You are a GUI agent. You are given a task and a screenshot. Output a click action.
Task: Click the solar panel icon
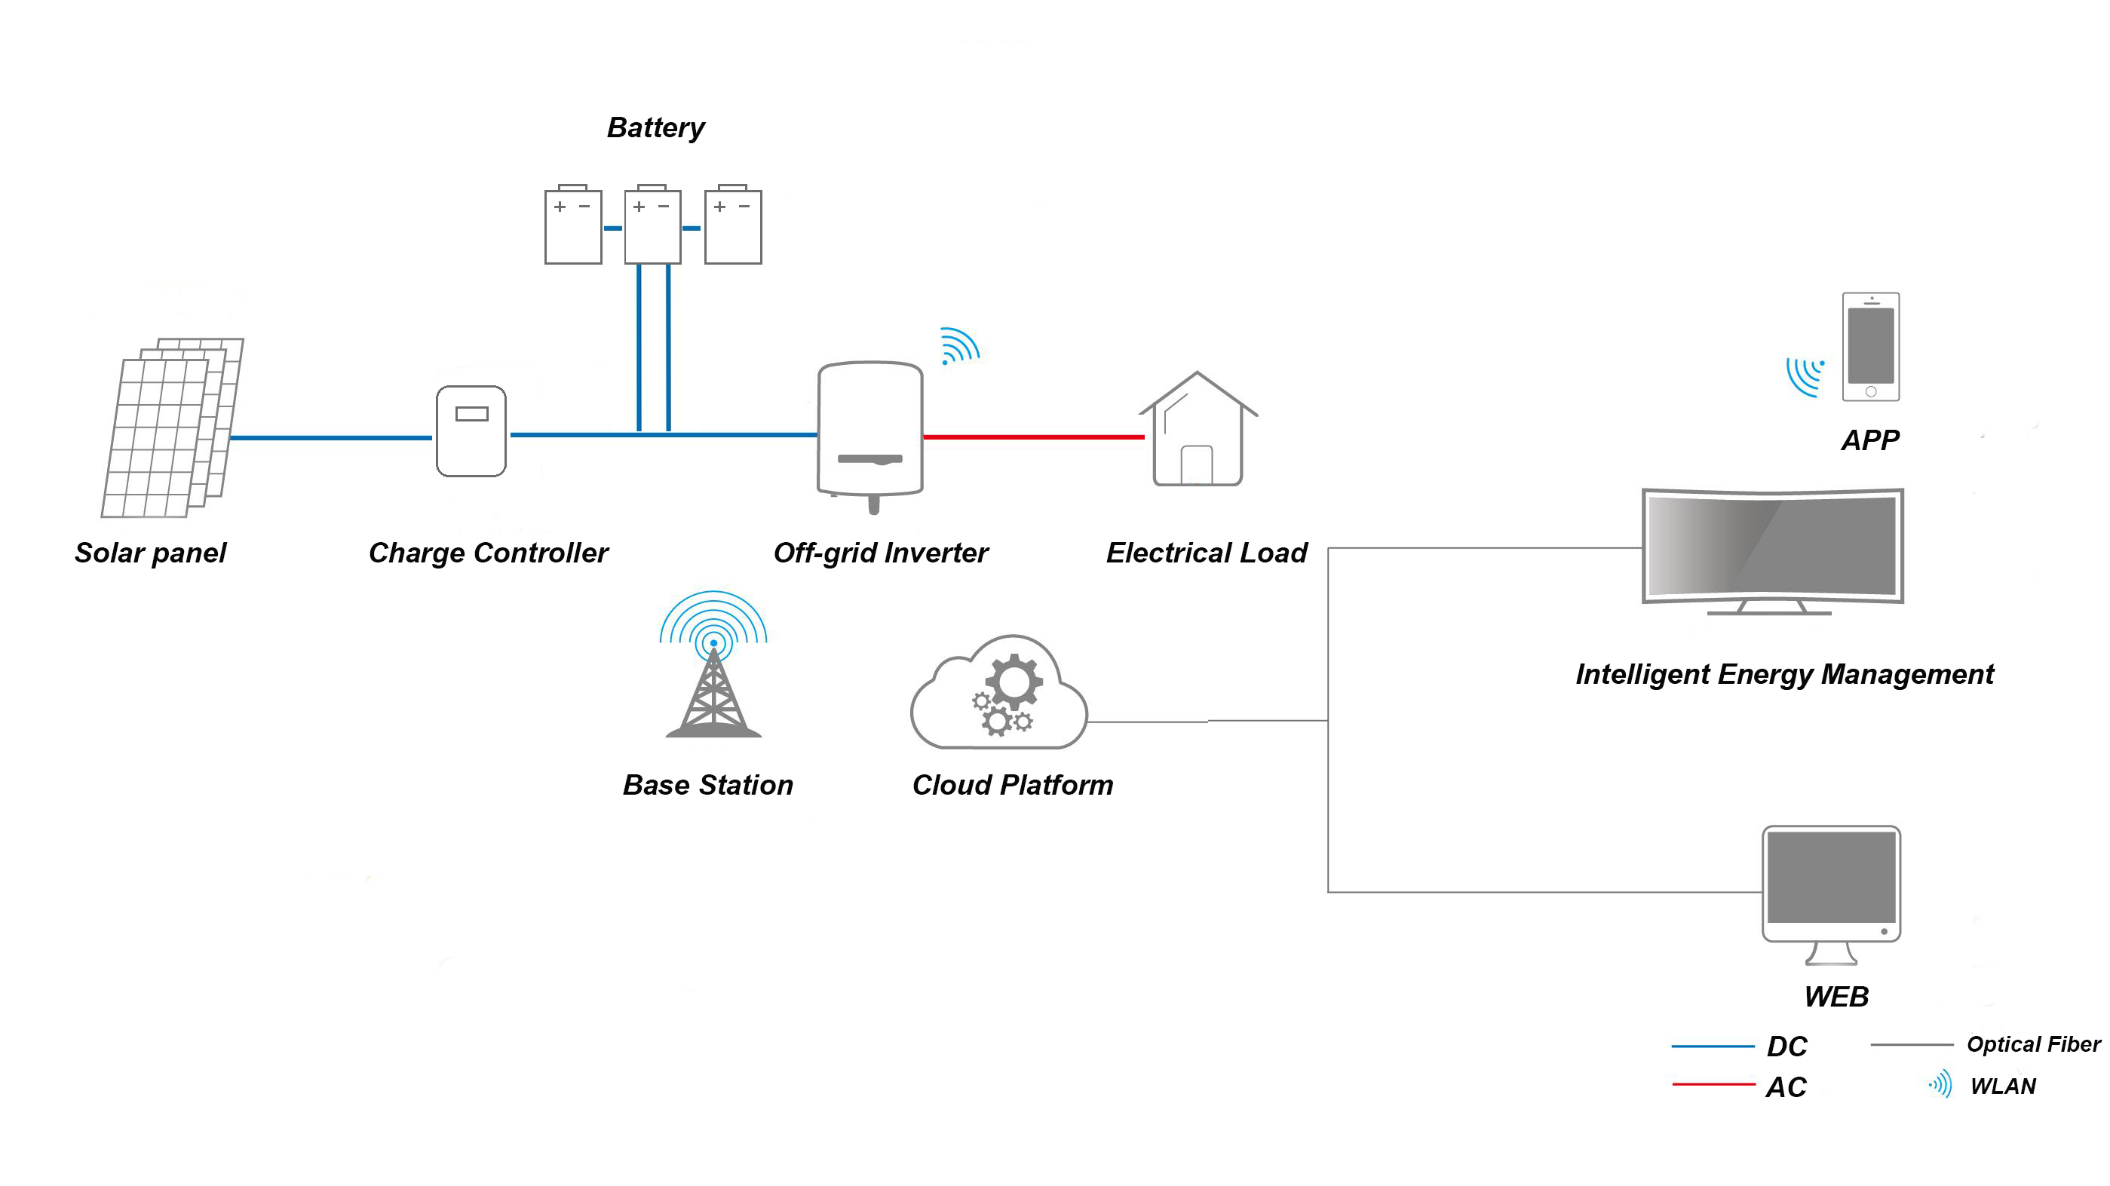(x=172, y=427)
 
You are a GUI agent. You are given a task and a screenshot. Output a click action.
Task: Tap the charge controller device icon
(x=471, y=431)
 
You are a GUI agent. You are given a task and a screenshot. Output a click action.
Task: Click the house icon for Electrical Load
(x=1198, y=428)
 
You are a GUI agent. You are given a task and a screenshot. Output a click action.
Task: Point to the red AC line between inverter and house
(x=1034, y=437)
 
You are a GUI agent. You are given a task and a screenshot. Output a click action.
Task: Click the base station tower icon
(x=713, y=664)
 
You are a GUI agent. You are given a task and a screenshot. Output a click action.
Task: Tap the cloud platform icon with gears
(x=998, y=692)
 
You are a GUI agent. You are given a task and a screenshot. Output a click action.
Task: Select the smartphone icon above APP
(x=1871, y=347)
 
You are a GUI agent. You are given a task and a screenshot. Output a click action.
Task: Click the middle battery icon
(x=653, y=225)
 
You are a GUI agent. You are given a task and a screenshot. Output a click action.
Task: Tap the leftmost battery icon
(x=573, y=225)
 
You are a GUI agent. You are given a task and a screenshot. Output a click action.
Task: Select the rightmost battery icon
(x=733, y=225)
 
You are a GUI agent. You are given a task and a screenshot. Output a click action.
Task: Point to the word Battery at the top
(x=655, y=127)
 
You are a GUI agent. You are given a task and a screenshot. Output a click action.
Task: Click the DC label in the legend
(x=1786, y=1046)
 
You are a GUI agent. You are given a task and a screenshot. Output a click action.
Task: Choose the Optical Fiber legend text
(x=2034, y=1044)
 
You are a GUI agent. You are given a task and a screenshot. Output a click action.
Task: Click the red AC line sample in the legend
(x=1713, y=1084)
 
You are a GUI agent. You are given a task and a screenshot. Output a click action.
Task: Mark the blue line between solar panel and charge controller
(x=331, y=438)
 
